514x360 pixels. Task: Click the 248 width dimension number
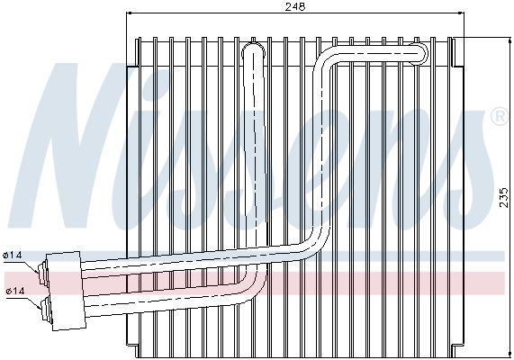[x=294, y=6]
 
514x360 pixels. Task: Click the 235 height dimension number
[x=504, y=197]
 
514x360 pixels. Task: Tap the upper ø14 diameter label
[x=13, y=255]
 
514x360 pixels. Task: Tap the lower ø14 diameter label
[x=15, y=291]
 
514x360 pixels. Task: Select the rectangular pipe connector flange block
[x=66, y=291]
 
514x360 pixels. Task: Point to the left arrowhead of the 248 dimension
[x=129, y=13]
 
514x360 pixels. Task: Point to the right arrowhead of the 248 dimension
[x=462, y=13]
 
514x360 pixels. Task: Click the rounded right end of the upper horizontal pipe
[x=422, y=53]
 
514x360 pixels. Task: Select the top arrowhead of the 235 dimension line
[x=510, y=40]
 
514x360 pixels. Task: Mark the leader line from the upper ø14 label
[x=31, y=265]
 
